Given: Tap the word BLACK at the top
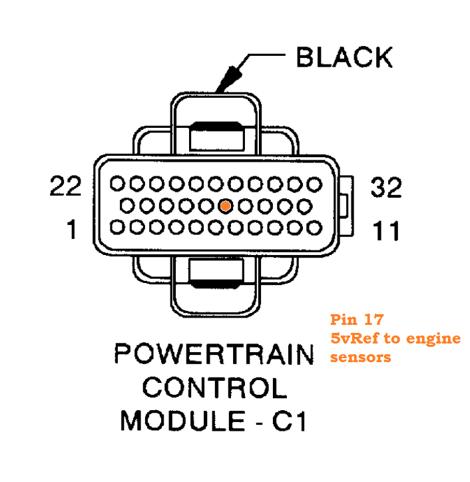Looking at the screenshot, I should (x=344, y=57).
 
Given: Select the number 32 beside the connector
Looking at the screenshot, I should (x=387, y=188).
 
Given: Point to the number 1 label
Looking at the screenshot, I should (x=71, y=230).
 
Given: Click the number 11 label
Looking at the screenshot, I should (x=386, y=231).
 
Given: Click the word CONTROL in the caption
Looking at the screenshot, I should (x=215, y=387).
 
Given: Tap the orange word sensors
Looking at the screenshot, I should (x=360, y=358).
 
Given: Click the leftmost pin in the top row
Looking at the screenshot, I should (x=118, y=182).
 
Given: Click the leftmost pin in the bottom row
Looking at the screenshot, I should (x=118, y=227).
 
